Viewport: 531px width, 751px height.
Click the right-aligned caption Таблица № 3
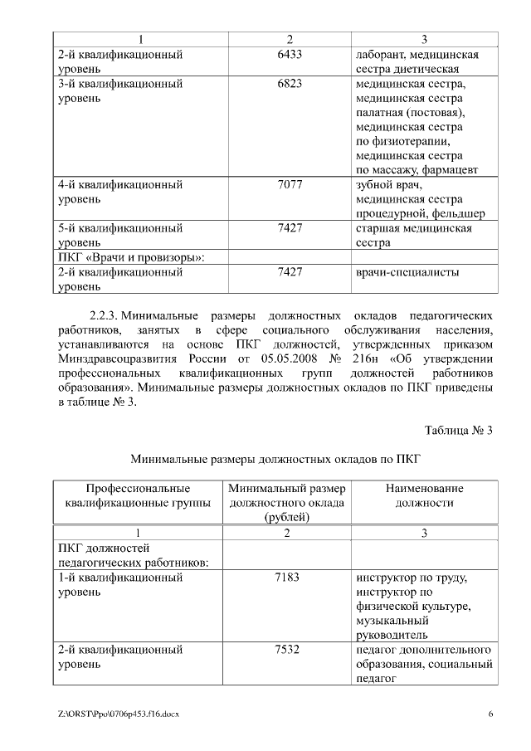click(x=458, y=431)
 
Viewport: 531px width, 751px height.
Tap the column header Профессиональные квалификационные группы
click(x=138, y=495)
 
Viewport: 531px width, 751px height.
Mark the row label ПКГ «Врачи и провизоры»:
click(x=131, y=257)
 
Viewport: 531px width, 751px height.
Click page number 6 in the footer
click(x=490, y=714)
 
